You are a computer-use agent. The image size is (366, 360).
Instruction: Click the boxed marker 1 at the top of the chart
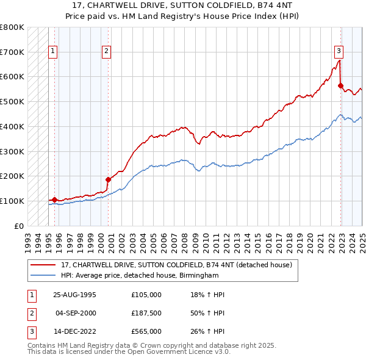pyautogui.click(x=54, y=52)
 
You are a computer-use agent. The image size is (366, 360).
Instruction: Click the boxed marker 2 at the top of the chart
pyautogui.click(x=106, y=52)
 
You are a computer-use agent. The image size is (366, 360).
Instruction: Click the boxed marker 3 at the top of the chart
pyautogui.click(x=339, y=51)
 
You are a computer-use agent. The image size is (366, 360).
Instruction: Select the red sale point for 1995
pyautogui.click(x=54, y=200)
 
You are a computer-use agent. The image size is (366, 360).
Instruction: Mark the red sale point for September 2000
pyautogui.click(x=108, y=179)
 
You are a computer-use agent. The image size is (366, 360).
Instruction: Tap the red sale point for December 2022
pyautogui.click(x=340, y=85)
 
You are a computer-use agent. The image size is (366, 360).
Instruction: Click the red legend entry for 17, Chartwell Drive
pyautogui.click(x=176, y=265)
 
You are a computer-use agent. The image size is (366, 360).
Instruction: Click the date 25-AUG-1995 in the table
pyautogui.click(x=74, y=295)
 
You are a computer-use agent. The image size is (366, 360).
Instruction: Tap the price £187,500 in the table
pyautogui.click(x=146, y=313)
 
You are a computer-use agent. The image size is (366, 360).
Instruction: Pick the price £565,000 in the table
pyautogui.click(x=146, y=331)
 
